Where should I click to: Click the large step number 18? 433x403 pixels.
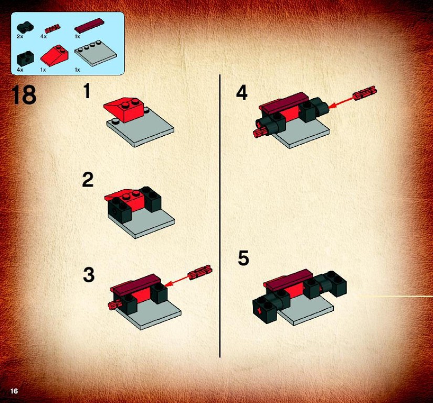pyautogui.click(x=24, y=95)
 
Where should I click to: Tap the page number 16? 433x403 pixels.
pyautogui.click(x=14, y=391)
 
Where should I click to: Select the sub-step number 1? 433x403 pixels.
pyautogui.click(x=87, y=91)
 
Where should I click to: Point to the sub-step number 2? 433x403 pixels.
pyautogui.click(x=88, y=180)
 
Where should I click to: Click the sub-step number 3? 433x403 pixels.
pyautogui.click(x=89, y=275)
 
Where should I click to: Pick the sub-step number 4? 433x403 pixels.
pyautogui.click(x=241, y=93)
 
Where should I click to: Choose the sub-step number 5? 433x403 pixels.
pyautogui.click(x=244, y=258)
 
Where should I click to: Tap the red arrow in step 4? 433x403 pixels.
pyautogui.click(x=341, y=101)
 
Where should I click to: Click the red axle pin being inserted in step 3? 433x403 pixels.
pyautogui.click(x=200, y=272)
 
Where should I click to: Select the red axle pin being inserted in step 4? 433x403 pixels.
pyautogui.click(x=365, y=93)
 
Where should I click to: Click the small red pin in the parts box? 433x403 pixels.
pyautogui.click(x=52, y=28)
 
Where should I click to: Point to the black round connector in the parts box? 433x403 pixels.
pyautogui.click(x=25, y=27)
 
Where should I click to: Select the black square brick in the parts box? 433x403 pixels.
pyautogui.click(x=25, y=59)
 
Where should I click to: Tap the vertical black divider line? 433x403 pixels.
pyautogui.click(x=220, y=216)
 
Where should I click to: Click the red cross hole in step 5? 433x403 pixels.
pyautogui.click(x=259, y=311)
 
